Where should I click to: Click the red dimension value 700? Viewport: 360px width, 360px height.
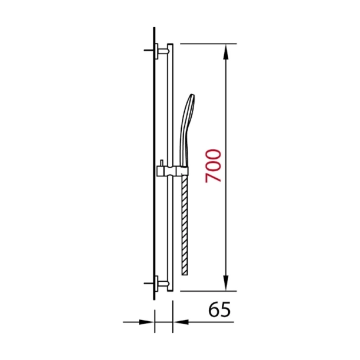(214, 166)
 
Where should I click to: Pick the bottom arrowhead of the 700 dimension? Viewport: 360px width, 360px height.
(226, 284)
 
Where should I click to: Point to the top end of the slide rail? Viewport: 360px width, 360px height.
(171, 45)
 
